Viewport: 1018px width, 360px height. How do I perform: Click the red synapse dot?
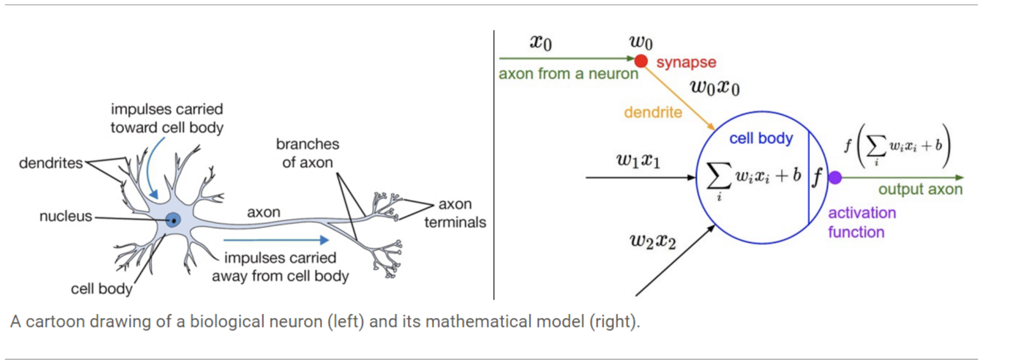point(641,61)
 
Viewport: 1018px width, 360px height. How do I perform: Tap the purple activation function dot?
point(835,177)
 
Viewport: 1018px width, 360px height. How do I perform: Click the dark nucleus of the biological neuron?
point(173,220)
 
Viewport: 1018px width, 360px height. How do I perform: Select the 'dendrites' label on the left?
point(51,163)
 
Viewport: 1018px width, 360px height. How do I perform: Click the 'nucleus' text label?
point(66,216)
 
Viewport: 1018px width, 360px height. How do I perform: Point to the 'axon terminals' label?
point(455,213)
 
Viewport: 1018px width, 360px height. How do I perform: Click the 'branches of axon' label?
point(307,153)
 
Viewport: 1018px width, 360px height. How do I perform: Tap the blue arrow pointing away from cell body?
point(276,240)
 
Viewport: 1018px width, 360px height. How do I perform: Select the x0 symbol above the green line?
point(541,42)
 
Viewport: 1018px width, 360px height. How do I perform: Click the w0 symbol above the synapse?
point(641,42)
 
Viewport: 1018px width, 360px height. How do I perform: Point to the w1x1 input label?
point(638,160)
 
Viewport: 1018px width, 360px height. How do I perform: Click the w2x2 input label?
point(653,241)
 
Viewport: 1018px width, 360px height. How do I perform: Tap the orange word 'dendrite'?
point(653,112)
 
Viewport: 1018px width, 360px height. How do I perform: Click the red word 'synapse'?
point(686,62)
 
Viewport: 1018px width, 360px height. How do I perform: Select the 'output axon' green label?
point(920,189)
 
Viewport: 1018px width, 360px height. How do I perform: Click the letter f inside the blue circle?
point(817,177)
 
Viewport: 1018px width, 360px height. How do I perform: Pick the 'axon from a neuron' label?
point(568,73)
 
